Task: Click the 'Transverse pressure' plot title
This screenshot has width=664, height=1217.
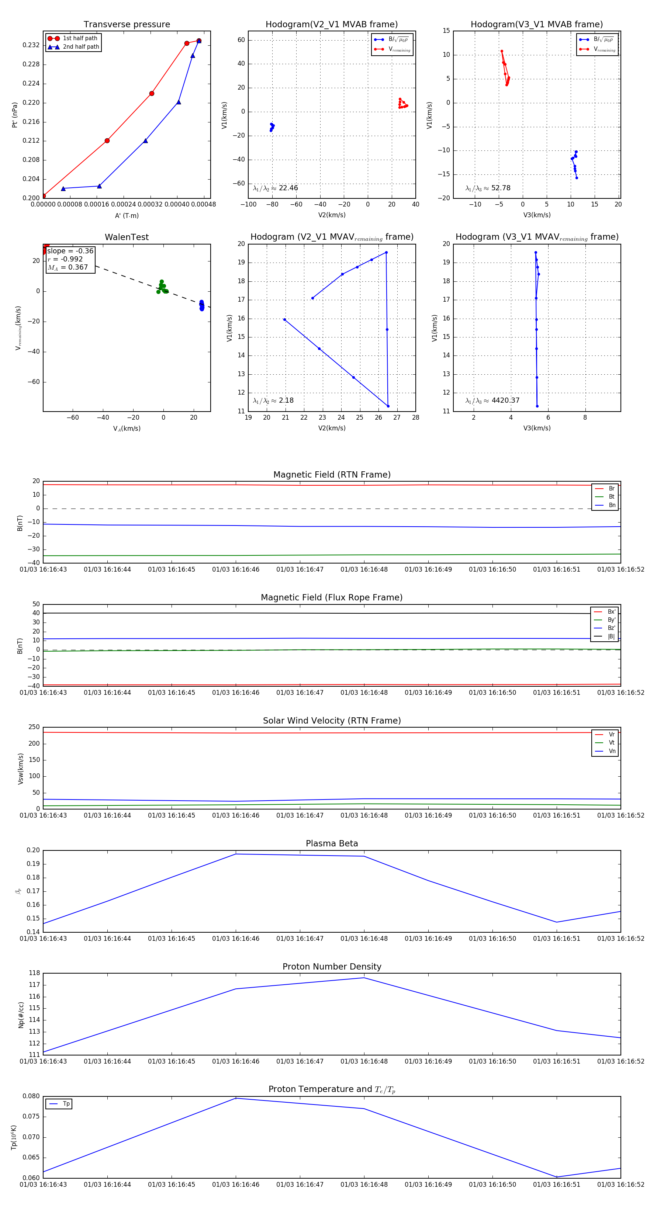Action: click(x=127, y=25)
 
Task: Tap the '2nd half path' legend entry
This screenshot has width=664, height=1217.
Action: click(x=81, y=47)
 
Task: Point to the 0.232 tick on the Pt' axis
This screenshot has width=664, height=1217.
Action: click(x=31, y=45)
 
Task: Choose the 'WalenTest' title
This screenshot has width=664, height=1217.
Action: click(x=127, y=237)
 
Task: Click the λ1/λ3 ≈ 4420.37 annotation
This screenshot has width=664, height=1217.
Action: click(x=492, y=401)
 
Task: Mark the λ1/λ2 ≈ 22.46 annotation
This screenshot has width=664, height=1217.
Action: click(x=276, y=188)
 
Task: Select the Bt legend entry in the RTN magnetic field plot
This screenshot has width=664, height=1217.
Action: click(x=611, y=496)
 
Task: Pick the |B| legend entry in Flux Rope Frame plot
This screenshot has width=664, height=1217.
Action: click(x=611, y=637)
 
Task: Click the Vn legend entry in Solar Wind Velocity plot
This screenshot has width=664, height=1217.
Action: click(x=612, y=751)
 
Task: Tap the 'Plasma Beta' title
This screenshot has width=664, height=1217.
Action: click(x=332, y=844)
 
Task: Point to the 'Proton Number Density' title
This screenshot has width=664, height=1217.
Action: click(x=332, y=967)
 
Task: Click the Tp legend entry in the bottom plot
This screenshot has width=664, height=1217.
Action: click(x=66, y=1104)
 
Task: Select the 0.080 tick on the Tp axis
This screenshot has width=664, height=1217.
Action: click(x=31, y=1096)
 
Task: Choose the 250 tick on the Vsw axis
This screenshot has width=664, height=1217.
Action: click(x=34, y=727)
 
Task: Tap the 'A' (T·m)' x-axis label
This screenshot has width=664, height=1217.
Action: click(x=127, y=216)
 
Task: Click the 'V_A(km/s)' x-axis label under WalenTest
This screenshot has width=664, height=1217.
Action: click(x=127, y=429)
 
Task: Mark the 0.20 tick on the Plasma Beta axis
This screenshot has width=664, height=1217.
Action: click(x=33, y=850)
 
